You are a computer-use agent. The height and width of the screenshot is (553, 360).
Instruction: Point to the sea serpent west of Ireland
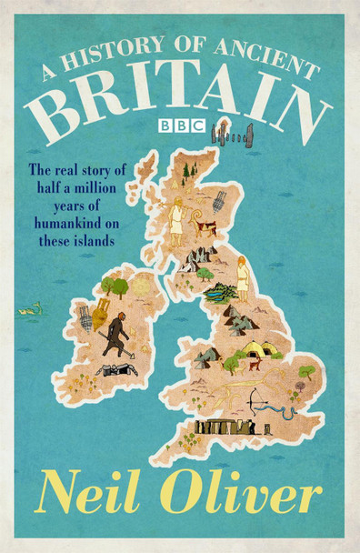click(x=35, y=310)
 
